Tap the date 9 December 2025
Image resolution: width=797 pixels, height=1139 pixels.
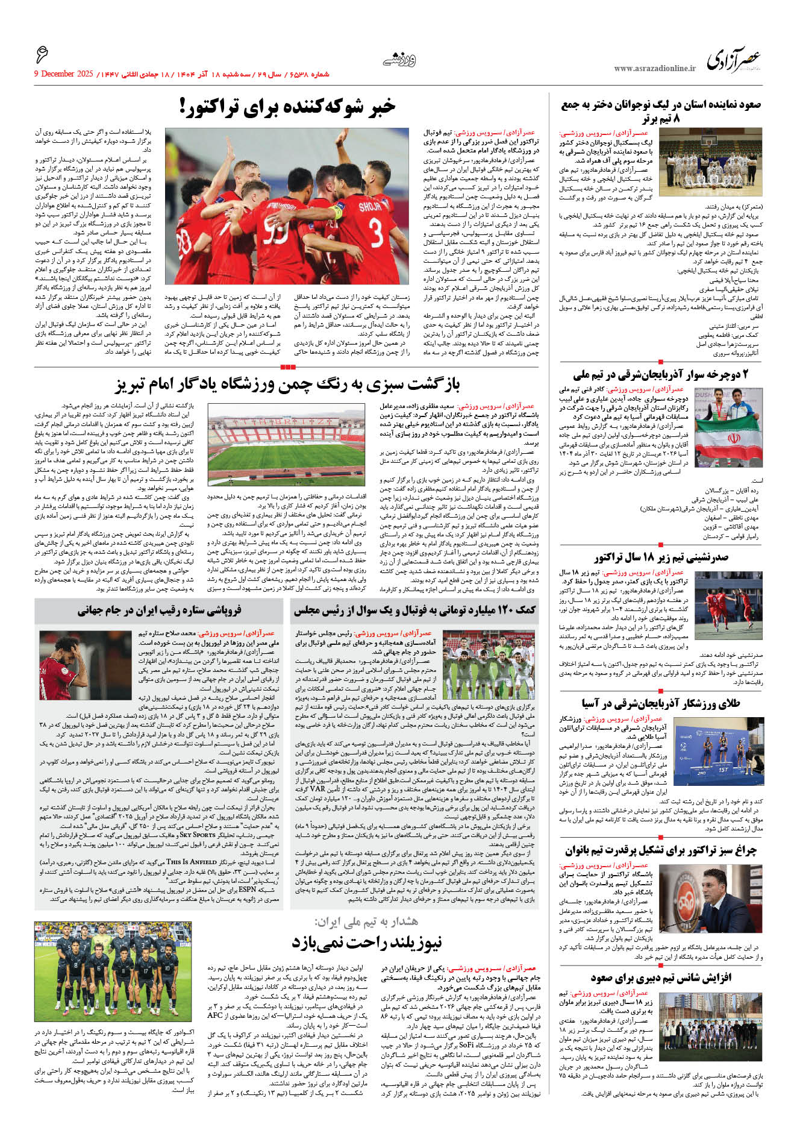tap(64, 74)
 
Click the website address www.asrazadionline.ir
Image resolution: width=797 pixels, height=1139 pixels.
tap(655, 69)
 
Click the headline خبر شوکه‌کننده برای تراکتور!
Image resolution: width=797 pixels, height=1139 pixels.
tap(287, 107)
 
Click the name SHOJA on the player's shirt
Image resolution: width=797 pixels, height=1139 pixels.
tap(369, 206)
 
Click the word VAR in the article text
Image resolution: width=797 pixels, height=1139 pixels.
tap(317, 788)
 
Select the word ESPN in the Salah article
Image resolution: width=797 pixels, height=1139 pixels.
tap(247, 889)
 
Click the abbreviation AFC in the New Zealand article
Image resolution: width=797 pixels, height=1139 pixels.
tap(216, 1015)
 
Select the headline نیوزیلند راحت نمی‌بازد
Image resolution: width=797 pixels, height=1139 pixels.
tap(366, 942)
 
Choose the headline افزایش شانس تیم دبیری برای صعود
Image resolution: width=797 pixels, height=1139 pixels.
tap(661, 977)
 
